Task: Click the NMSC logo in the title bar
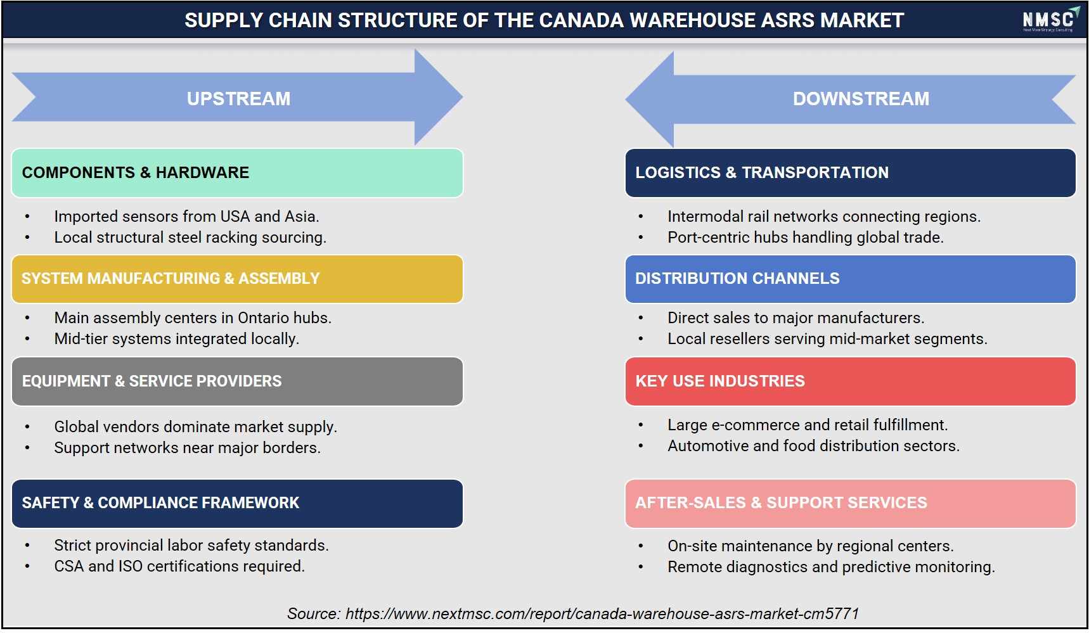1050,20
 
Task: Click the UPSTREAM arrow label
238,99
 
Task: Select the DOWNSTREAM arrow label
861,99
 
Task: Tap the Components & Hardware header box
237,173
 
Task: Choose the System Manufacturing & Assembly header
237,279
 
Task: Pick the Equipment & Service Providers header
237,381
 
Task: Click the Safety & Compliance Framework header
237,504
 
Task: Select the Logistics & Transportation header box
850,173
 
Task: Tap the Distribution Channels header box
850,279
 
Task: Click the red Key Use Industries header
850,381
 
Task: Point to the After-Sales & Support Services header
850,504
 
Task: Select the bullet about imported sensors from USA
186,216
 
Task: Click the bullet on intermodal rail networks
824,216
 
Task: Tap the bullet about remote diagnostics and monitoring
831,566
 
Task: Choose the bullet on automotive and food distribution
813,445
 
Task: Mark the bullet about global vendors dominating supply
195,426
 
